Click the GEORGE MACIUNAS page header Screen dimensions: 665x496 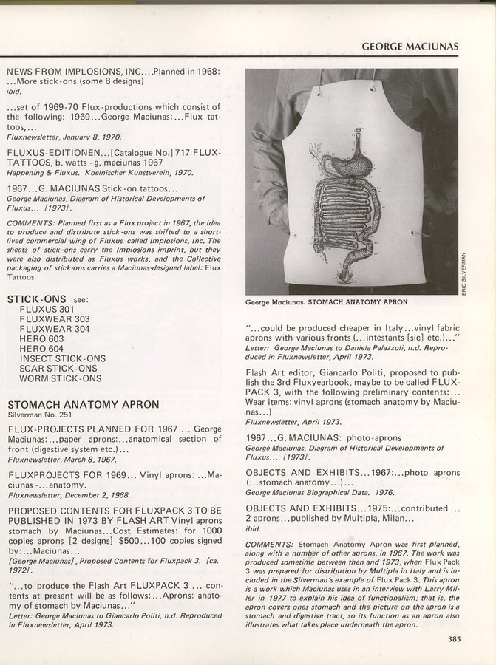pos(410,47)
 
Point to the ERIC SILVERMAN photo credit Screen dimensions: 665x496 pos(466,273)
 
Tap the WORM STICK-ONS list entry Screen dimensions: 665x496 pos(61,378)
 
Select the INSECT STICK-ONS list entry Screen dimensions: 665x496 pos(62,358)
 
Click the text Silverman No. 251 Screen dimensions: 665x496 pos(39,417)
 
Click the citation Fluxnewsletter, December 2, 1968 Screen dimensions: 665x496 pos(67,497)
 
